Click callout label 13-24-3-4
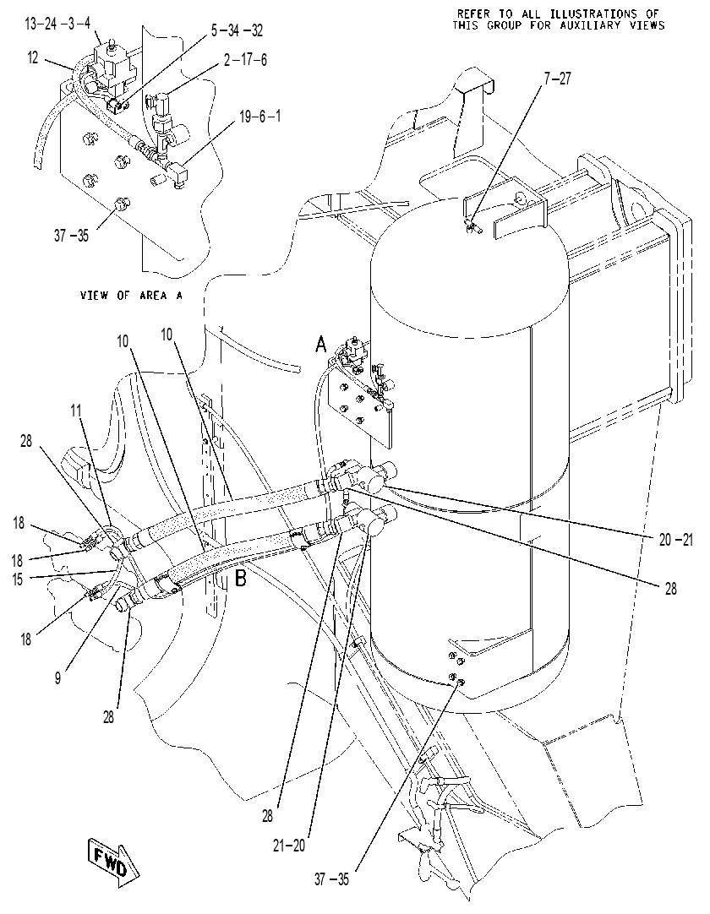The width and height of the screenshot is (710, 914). pyautogui.click(x=57, y=24)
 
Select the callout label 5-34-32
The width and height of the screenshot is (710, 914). pyautogui.click(x=237, y=30)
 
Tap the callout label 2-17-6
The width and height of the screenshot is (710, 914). pyautogui.click(x=246, y=60)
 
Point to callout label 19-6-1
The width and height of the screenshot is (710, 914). pyautogui.click(x=260, y=117)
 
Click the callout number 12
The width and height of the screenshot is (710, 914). pyautogui.click(x=34, y=57)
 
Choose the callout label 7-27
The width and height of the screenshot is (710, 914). pyautogui.click(x=557, y=79)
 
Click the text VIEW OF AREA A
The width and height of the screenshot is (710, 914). pyautogui.click(x=131, y=296)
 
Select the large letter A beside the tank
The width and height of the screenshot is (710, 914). pyautogui.click(x=321, y=345)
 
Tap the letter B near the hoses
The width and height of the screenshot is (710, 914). pyautogui.click(x=240, y=578)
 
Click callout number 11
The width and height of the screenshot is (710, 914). pyautogui.click(x=76, y=411)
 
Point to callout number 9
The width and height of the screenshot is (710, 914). pyautogui.click(x=57, y=678)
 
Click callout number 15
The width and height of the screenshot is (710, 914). pyautogui.click(x=18, y=580)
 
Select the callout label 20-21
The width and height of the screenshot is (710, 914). pyautogui.click(x=676, y=541)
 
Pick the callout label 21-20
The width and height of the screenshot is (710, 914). pyautogui.click(x=289, y=846)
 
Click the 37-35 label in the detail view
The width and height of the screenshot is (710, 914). pyautogui.click(x=72, y=236)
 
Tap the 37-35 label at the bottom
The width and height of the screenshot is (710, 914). pyautogui.click(x=331, y=879)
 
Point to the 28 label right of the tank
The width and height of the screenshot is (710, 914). pyautogui.click(x=671, y=589)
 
